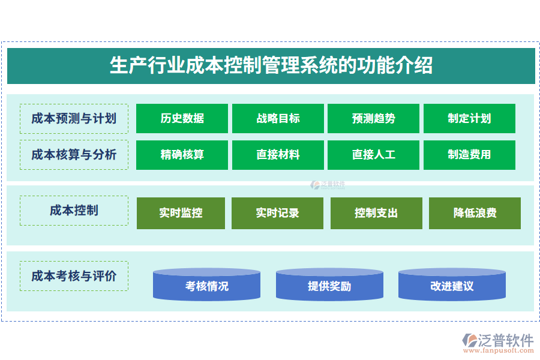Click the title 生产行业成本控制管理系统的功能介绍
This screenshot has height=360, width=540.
tap(271, 65)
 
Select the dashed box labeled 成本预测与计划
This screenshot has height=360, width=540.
tap(74, 118)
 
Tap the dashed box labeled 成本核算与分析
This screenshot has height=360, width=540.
tap(74, 155)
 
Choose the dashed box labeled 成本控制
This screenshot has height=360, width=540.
tap(74, 211)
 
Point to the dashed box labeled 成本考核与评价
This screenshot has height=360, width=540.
tap(74, 276)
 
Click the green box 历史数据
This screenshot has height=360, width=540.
tap(182, 118)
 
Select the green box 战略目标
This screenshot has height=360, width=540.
tap(278, 118)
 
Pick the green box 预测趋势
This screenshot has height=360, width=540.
tap(373, 118)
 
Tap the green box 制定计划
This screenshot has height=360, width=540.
tap(469, 118)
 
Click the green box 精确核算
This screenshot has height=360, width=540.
tap(182, 155)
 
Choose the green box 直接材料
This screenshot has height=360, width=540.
tap(278, 155)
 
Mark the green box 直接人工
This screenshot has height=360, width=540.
tap(373, 155)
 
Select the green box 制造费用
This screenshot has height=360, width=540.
tap(469, 155)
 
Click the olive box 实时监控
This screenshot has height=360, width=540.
tap(181, 213)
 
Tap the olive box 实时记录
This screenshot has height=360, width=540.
tap(277, 213)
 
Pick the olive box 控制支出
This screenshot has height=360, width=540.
tap(376, 213)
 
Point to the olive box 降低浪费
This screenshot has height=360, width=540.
tap(475, 213)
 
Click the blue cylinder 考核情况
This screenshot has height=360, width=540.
tap(206, 286)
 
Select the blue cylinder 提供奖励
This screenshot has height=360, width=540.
tap(329, 286)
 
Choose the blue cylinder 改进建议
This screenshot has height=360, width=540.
tap(452, 286)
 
